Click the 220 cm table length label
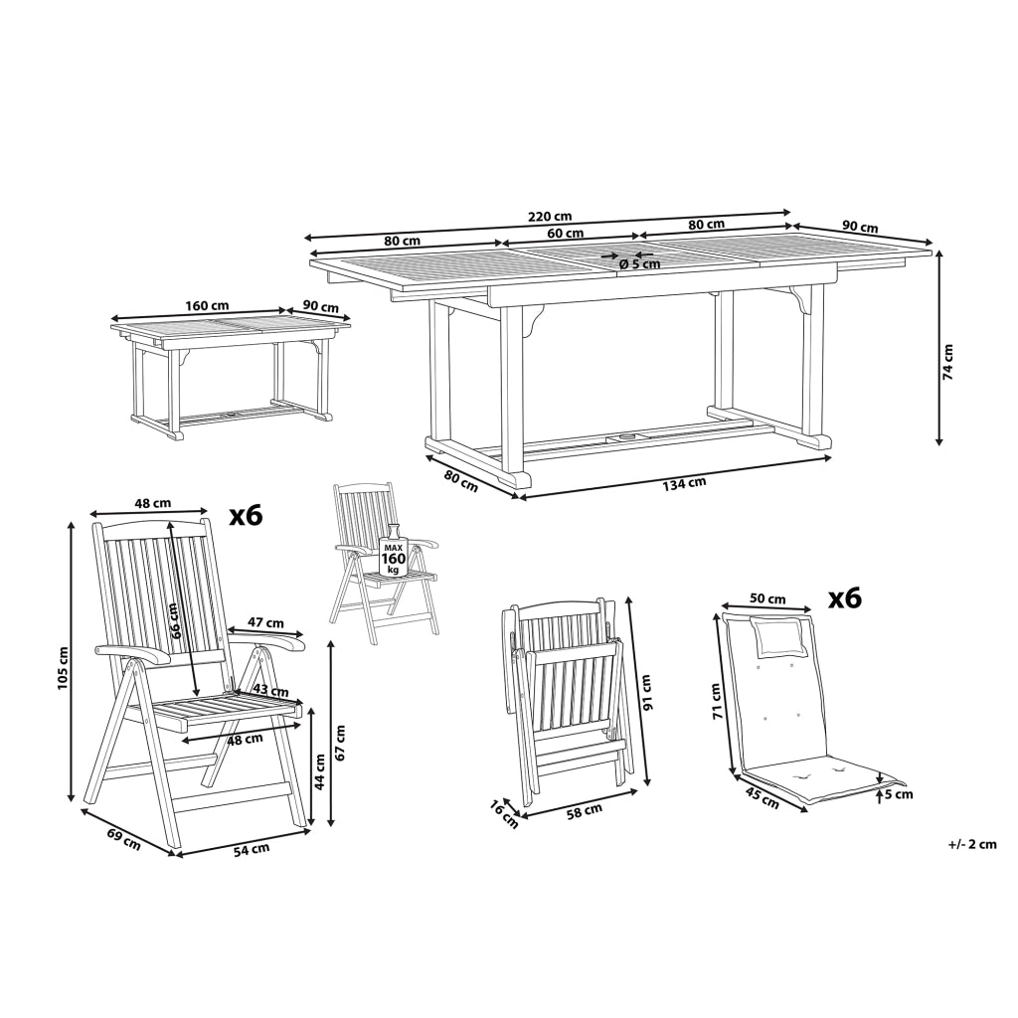click(x=550, y=216)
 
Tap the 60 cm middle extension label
click(x=565, y=233)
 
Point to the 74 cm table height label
click(x=948, y=362)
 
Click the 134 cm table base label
click(x=684, y=483)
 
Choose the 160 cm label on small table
click(x=207, y=305)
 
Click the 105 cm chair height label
click(x=63, y=668)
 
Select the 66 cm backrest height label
click(x=173, y=621)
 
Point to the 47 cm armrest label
click(x=265, y=622)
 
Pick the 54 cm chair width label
click(x=252, y=849)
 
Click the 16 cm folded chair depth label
click(x=504, y=814)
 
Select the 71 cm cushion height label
click(x=717, y=701)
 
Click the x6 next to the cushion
click(x=845, y=598)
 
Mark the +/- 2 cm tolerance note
click(x=972, y=844)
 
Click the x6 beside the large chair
click(x=247, y=516)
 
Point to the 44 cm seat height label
click(x=319, y=770)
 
